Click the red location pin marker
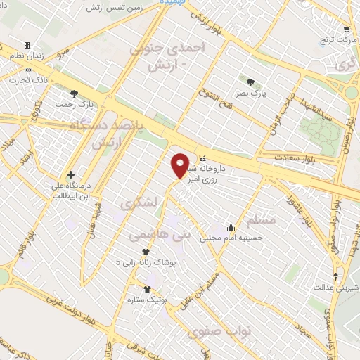(x=181, y=165)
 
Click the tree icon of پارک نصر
(x=250, y=82)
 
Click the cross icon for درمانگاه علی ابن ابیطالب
(x=70, y=174)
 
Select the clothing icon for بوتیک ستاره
(x=147, y=289)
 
